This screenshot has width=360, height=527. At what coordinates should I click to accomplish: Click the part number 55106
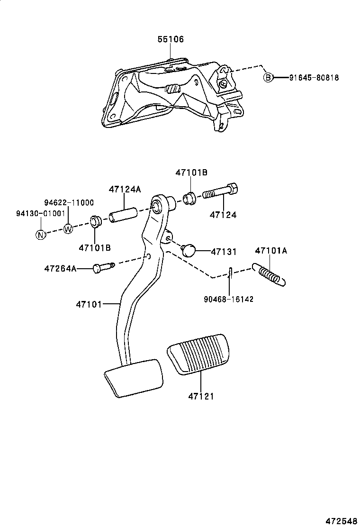(171, 40)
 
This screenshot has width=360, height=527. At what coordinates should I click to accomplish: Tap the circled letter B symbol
(268, 78)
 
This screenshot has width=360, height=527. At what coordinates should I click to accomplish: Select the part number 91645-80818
(314, 78)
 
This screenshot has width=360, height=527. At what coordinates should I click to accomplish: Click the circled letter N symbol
(41, 234)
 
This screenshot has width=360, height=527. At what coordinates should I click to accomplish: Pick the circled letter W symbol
(68, 229)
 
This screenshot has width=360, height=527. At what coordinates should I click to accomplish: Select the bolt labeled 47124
(220, 192)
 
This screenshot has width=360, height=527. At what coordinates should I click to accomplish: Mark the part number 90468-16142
(229, 299)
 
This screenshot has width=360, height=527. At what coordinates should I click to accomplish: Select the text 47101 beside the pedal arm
(89, 303)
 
